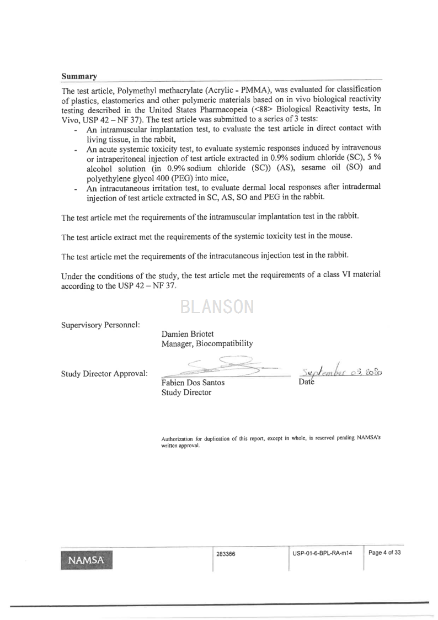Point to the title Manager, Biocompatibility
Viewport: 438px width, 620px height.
(207, 343)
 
